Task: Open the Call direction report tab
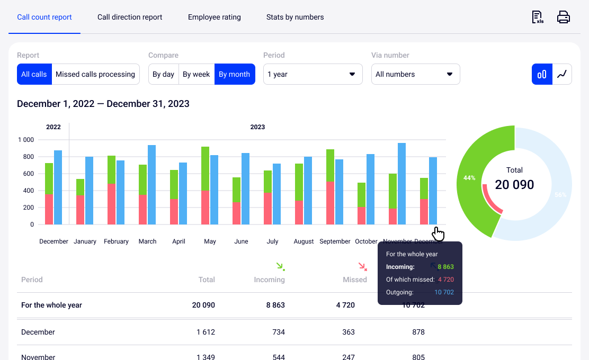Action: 130,17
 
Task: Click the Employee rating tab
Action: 214,17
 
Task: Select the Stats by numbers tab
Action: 295,17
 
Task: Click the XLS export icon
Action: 538,17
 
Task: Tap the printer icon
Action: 563,17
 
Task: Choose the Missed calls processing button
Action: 95,74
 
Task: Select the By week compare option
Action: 196,74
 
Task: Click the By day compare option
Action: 163,74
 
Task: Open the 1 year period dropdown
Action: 313,74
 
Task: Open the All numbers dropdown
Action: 415,74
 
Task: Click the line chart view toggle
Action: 562,74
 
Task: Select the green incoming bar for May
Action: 205,168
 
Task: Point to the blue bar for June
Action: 245,188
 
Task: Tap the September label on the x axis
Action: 335,241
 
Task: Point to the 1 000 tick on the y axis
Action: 25,140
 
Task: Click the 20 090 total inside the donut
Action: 514,184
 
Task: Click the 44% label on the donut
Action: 469,178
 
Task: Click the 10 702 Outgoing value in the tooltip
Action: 444,292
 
